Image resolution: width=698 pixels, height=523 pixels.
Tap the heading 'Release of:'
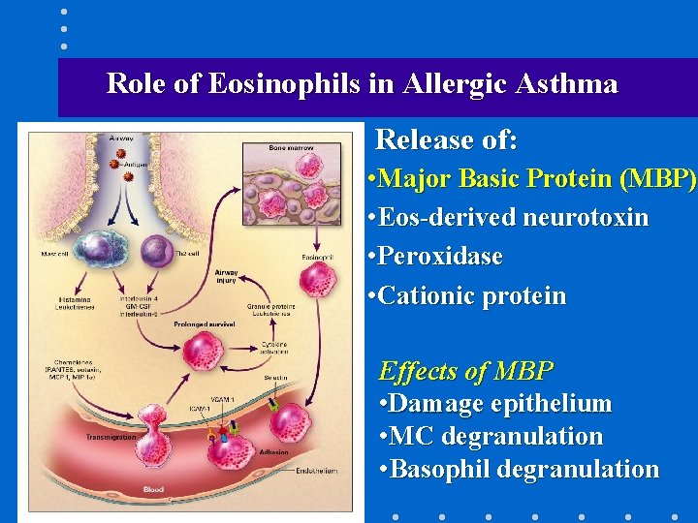pyautogui.click(x=446, y=140)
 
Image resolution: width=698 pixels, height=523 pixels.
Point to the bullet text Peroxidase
pyautogui.click(x=442, y=257)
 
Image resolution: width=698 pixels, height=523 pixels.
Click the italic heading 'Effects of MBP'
pyautogui.click(x=465, y=371)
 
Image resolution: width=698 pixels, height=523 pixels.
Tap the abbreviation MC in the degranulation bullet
pyautogui.click(x=408, y=437)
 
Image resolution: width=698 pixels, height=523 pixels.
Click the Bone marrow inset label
pyautogui.click(x=291, y=147)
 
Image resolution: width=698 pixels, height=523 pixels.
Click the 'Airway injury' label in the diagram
pyautogui.click(x=226, y=278)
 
